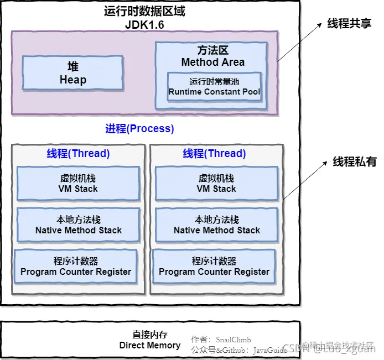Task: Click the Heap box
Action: click(72, 73)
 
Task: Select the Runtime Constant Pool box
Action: click(214, 86)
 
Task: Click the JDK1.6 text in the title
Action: click(144, 25)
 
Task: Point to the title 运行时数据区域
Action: click(144, 12)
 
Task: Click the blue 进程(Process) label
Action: click(139, 129)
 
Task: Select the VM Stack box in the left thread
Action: click(78, 184)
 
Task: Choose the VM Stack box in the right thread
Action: click(216, 184)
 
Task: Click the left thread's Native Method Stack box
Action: click(78, 225)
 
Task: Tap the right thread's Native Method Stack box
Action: click(216, 225)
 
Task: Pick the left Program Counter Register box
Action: click(76, 267)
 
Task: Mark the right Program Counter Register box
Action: click(214, 267)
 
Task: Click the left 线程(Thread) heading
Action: click(78, 153)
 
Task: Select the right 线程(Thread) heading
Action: click(215, 153)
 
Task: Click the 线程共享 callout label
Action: click(349, 24)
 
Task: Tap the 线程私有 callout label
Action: click(355, 162)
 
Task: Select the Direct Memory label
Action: click(150, 340)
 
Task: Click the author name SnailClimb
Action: click(233, 339)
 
